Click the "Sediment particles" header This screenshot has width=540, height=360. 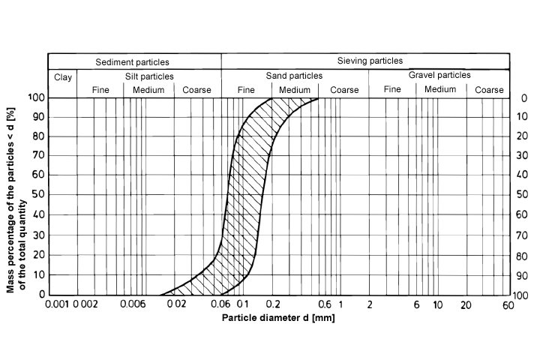point(133,61)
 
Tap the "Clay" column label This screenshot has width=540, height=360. point(62,76)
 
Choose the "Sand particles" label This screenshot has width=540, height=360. point(294,76)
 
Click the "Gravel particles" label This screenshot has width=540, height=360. point(439,75)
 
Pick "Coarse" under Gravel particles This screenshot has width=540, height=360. point(489,90)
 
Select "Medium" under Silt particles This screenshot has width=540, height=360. point(148,90)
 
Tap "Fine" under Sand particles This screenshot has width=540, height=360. point(246,90)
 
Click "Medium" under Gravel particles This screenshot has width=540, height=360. point(439,90)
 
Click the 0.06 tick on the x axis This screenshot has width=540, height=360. point(221,304)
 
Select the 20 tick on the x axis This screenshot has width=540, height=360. point(465,304)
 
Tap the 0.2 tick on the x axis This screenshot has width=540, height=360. point(273,304)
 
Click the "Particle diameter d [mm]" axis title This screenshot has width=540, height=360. point(278,317)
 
